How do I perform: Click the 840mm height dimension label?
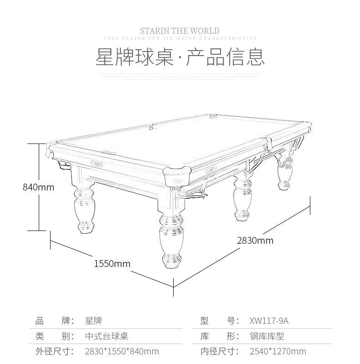[x=39, y=187]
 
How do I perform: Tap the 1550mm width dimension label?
[x=112, y=264]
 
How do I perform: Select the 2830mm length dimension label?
[x=255, y=240]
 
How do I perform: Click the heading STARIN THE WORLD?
[x=180, y=31]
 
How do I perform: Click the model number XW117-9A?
[x=269, y=321]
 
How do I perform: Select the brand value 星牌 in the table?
[x=93, y=321]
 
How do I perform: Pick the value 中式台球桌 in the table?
[x=107, y=336]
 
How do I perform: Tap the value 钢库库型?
[x=267, y=336]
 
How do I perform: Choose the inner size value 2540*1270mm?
[x=278, y=351]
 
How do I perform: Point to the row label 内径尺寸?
[x=219, y=351]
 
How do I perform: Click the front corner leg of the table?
[x=171, y=241]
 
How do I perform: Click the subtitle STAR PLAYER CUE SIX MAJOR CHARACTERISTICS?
[x=180, y=39]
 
